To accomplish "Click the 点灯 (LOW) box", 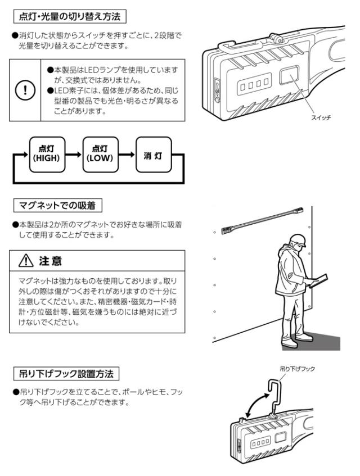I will coord(98,153).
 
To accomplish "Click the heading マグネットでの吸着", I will coord(57,203).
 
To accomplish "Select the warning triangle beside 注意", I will coord(25,262).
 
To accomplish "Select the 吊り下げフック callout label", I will coord(298,369).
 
